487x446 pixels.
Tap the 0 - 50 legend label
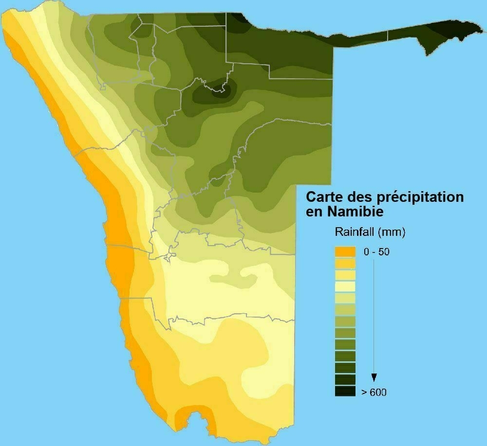pos(376,252)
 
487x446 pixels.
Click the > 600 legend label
pos(375,392)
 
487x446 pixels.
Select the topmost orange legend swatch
pos(345,252)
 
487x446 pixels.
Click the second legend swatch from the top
pos(345,264)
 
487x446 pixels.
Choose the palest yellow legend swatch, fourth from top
pos(345,287)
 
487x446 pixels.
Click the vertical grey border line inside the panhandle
pos(388,35)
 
